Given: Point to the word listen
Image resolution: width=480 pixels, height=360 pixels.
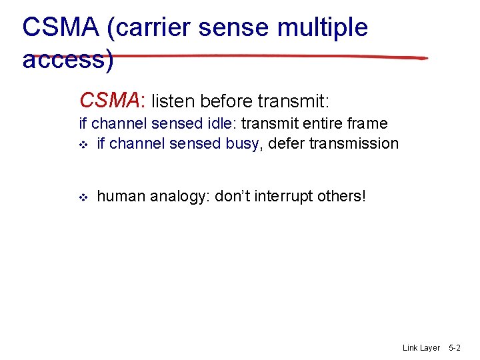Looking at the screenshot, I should (173, 101).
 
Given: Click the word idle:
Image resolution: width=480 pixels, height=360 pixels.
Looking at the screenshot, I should (223, 123).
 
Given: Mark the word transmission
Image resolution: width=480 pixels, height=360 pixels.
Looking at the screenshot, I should (353, 143).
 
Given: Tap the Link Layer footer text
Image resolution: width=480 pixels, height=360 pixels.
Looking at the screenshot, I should (421, 348).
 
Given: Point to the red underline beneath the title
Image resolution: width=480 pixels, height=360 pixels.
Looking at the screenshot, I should (267, 55).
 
